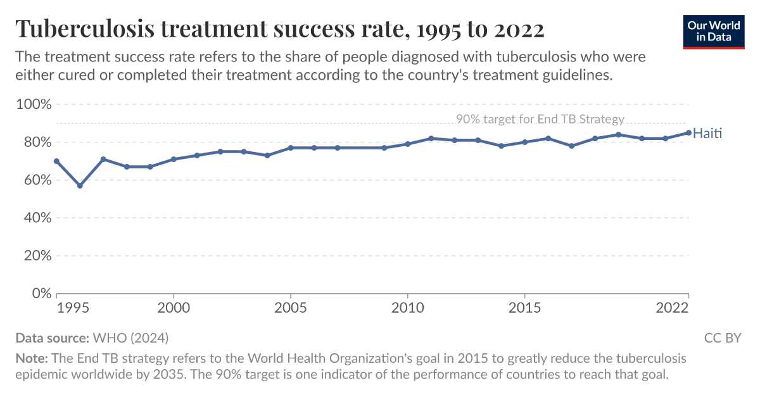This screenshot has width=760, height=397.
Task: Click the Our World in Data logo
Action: [713, 30]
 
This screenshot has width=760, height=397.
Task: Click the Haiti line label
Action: [707, 134]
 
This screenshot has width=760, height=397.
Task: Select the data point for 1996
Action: [80, 186]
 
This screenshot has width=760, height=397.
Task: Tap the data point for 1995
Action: [57, 161]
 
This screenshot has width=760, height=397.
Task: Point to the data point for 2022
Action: [688, 133]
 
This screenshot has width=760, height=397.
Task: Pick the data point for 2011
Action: [431, 138]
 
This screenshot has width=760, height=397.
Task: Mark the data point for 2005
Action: [291, 148]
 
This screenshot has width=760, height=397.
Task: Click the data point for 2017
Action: [571, 146]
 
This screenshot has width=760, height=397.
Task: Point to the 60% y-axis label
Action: [35, 180]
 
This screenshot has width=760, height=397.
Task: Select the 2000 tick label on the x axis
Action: [174, 308]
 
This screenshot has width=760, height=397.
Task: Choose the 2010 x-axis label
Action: [407, 308]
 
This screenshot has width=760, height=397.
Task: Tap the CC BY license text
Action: [722, 338]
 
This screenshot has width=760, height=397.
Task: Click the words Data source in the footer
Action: [52, 338]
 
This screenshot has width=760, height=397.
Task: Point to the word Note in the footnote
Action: [28, 358]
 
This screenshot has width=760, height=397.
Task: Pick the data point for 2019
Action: [618, 134]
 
